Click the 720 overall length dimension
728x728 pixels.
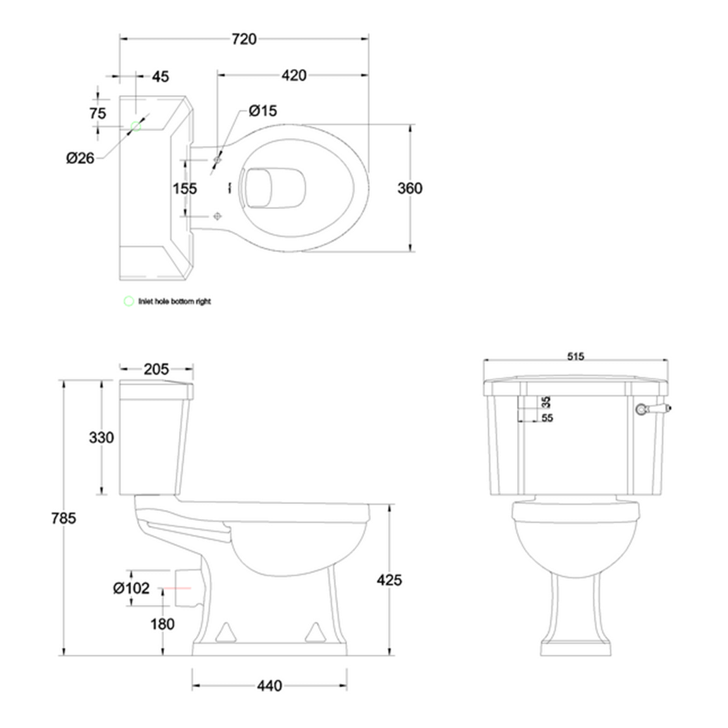(244, 39)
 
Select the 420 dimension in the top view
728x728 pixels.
(294, 76)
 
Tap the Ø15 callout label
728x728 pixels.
(263, 111)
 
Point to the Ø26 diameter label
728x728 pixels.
(80, 158)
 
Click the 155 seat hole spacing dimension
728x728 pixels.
(184, 188)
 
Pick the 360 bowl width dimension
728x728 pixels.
(410, 188)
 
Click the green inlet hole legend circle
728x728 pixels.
(128, 300)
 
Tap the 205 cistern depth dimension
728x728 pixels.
(156, 369)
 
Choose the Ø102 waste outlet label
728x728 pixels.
(131, 587)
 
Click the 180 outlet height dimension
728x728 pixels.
(163, 624)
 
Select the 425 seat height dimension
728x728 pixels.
(390, 580)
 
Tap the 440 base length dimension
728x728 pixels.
(269, 686)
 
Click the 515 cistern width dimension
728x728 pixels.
(575, 356)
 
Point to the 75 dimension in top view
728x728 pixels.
(98, 113)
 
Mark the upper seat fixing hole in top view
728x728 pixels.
(217, 160)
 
